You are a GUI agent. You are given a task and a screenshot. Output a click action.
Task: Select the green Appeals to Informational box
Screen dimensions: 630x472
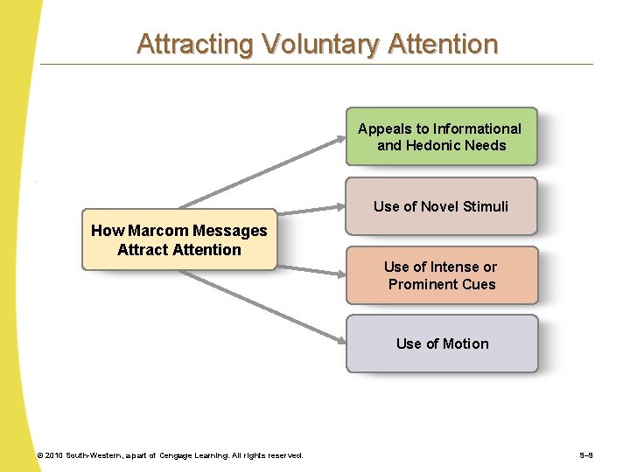click(x=440, y=136)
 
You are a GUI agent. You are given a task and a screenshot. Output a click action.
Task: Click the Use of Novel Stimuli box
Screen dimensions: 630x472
click(x=440, y=206)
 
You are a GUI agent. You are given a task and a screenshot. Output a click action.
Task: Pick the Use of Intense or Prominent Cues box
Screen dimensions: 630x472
click(x=441, y=275)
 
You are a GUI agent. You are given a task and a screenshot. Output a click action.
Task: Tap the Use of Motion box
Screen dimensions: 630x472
click(x=441, y=344)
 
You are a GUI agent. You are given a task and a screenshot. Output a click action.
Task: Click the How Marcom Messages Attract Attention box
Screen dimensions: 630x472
click(x=179, y=239)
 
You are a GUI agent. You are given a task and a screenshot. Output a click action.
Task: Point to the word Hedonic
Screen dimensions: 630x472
click(x=436, y=146)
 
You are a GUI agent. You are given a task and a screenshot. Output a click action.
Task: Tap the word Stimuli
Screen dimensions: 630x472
click(x=486, y=206)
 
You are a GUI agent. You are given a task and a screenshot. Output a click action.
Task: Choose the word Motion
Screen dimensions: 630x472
click(x=466, y=344)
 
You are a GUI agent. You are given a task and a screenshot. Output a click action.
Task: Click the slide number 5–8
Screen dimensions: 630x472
click(x=586, y=455)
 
